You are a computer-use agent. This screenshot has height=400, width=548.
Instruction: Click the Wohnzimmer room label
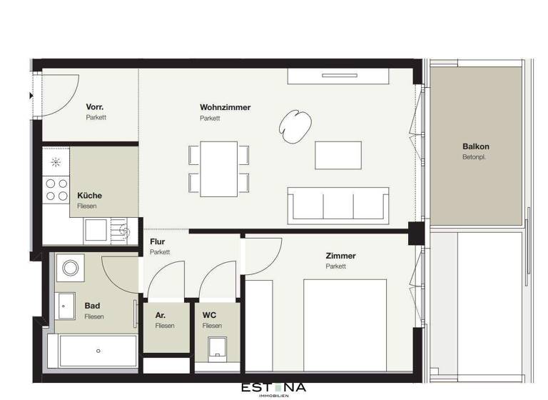pos(225,108)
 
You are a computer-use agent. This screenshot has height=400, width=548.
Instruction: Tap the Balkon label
pos(475,147)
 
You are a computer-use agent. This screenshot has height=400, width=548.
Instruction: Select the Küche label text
pos(89,196)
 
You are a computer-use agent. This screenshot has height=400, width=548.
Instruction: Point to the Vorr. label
pos(96,107)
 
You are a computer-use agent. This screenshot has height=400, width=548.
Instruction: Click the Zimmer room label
pos(340,256)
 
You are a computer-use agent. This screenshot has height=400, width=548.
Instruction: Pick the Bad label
pos(92,306)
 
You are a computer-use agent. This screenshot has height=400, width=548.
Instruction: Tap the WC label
pos(209,315)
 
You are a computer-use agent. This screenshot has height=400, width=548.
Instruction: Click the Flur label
pos(158,242)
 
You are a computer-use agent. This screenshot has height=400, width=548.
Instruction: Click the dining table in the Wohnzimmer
pos(219,168)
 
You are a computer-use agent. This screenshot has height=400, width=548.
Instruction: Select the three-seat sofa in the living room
pos(338,205)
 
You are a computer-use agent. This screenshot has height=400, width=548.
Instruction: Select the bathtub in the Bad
pos(97,351)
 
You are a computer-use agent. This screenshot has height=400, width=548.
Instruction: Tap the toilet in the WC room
pos(216,348)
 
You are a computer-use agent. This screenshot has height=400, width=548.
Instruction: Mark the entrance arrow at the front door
pos(31,95)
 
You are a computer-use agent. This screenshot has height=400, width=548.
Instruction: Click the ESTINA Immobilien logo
pos(273,389)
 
